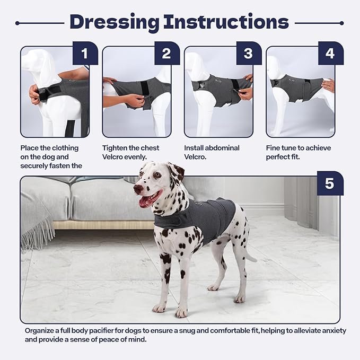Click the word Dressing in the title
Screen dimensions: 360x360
114,22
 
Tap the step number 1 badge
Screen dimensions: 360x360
85,54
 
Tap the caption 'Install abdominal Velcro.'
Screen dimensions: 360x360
212,152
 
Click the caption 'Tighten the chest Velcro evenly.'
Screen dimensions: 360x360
130,152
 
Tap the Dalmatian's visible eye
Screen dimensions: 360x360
157,175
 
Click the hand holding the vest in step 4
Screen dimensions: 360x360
328,85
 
